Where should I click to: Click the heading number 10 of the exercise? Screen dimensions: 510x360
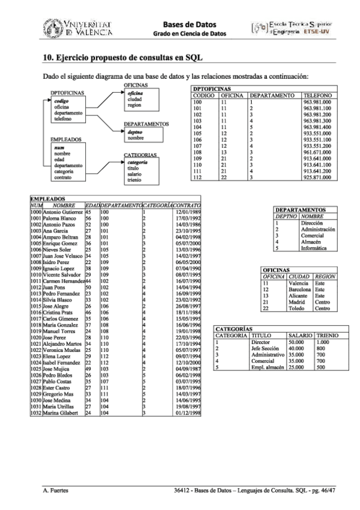tap(48, 58)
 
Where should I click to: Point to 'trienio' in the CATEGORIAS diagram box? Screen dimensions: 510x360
tap(134, 180)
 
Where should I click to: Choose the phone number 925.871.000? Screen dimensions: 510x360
tap(317, 177)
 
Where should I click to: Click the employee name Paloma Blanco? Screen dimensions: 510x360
tap(61, 218)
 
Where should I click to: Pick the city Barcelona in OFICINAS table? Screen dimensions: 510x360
tap(299, 289)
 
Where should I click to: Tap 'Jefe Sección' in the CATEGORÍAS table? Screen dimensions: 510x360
tap(265, 348)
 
